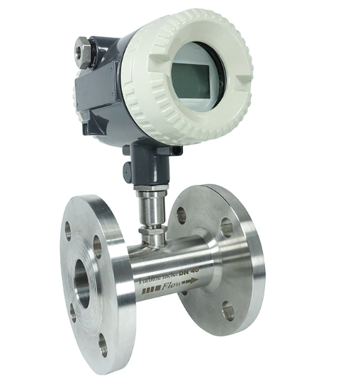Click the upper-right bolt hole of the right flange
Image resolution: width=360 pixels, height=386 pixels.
(226, 227)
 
